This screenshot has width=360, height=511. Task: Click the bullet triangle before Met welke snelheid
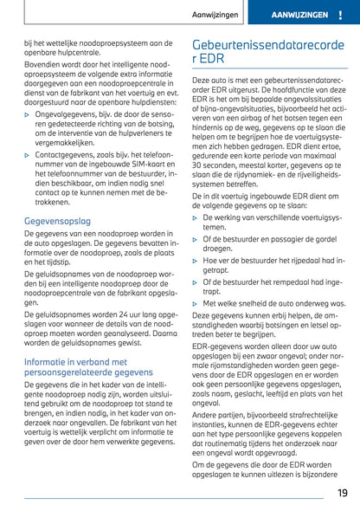coord(195,304)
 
